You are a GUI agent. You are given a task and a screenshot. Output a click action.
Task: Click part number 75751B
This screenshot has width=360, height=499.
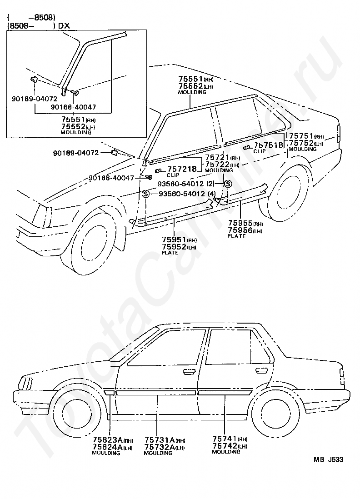click(269, 145)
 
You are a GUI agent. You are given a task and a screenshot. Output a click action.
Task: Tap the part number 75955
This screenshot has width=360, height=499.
click(240, 224)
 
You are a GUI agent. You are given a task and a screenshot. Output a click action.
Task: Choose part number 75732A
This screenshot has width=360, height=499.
click(160, 447)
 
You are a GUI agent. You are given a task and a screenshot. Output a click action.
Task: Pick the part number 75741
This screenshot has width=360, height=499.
click(224, 439)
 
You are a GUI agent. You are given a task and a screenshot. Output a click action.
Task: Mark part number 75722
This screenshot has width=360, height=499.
click(216, 165)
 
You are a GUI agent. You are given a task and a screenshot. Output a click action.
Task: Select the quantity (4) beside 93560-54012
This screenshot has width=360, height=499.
click(211, 194)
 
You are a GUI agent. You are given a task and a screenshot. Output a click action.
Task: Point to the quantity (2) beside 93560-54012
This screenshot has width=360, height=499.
click(210, 184)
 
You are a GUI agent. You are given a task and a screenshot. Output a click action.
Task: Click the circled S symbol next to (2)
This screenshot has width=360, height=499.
click(228, 184)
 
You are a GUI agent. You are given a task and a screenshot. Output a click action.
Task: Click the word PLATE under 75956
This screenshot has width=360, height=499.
click(236, 236)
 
